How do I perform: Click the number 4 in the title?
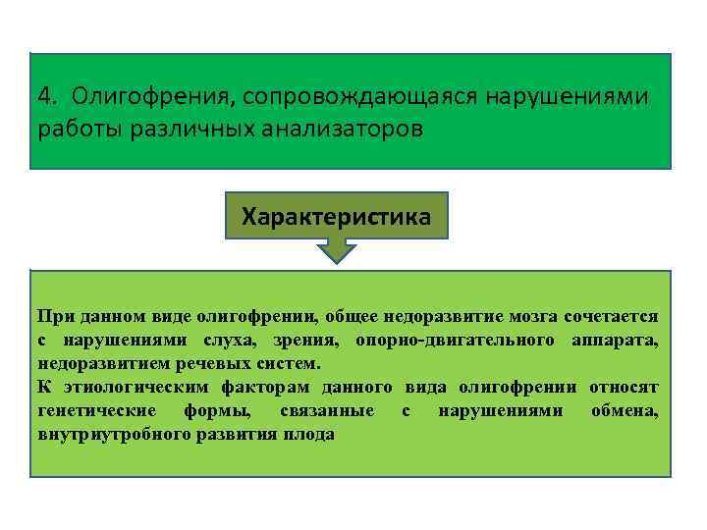tap(44, 97)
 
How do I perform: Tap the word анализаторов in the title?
tap(349, 130)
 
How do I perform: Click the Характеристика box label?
tap(336, 216)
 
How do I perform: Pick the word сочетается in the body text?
tap(611, 316)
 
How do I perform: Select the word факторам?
tap(248, 386)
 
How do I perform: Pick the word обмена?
tap(625, 409)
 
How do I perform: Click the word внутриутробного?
tap(110, 433)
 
